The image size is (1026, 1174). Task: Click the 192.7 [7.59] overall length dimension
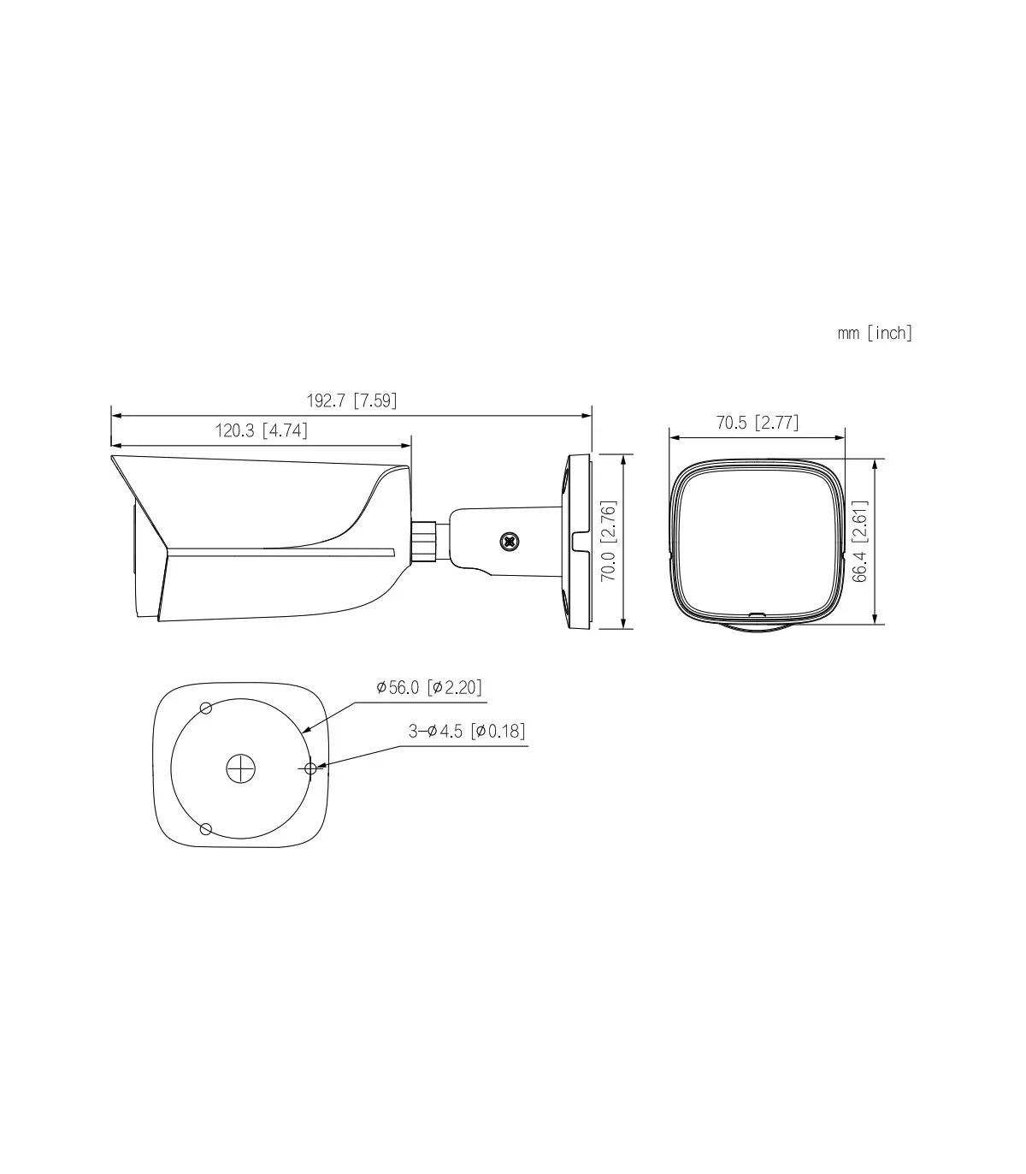[x=351, y=400]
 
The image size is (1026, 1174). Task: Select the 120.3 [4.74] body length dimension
[x=262, y=430]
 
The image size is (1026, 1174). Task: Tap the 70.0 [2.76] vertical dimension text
[x=608, y=541]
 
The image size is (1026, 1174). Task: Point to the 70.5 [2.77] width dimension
[x=758, y=423]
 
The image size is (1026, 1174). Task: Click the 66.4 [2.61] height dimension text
[x=860, y=541]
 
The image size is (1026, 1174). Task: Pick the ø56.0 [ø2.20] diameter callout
[x=428, y=687]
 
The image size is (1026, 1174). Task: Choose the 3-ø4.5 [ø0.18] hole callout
[x=467, y=731]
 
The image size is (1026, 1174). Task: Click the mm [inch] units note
[x=875, y=333]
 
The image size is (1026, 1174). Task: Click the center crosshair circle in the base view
[x=241, y=768]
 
